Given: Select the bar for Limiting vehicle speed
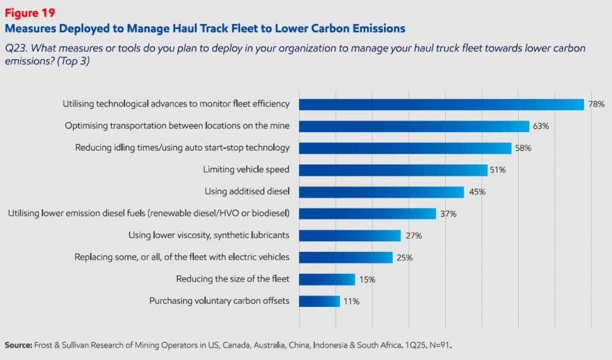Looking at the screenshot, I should [x=393, y=170].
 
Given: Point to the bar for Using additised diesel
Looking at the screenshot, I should [x=381, y=192].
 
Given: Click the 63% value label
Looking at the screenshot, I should [x=541, y=126].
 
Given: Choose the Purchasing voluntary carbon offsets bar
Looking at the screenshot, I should [x=319, y=301].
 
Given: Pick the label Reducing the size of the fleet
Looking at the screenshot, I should [x=232, y=279].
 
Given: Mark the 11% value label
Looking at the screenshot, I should [x=351, y=301].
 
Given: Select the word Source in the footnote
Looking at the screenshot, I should [x=19, y=345].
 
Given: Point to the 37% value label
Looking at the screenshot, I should [x=448, y=213].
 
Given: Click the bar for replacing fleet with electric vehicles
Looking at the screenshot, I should [x=345, y=257].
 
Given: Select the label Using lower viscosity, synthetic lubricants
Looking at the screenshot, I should [x=209, y=235].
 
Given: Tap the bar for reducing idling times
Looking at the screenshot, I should [x=405, y=148].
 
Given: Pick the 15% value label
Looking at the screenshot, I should [x=367, y=279].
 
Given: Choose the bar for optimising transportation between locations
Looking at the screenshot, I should [x=414, y=126].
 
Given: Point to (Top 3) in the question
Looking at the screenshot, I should [x=71, y=61].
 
